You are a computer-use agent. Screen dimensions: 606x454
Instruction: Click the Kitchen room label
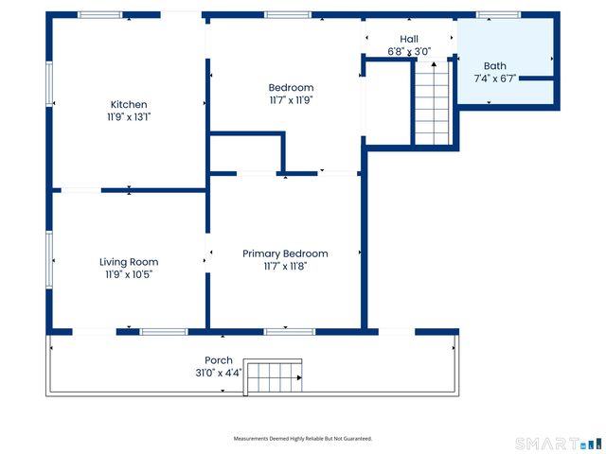coord(129,104)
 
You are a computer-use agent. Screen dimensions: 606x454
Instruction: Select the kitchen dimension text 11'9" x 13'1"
coord(129,117)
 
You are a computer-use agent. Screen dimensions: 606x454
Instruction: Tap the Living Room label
coord(129,262)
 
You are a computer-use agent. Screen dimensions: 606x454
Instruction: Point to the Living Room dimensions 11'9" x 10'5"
coord(129,274)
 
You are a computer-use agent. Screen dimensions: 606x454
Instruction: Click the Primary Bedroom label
coord(285,254)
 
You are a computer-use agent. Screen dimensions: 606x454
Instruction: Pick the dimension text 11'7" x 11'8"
coord(285,267)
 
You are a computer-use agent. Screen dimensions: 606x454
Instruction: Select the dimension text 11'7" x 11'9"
coord(291,100)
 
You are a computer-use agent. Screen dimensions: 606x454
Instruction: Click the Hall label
coord(409,39)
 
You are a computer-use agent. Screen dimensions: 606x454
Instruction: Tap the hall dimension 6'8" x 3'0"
coord(409,51)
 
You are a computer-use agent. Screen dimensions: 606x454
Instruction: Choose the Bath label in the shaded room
coord(494,66)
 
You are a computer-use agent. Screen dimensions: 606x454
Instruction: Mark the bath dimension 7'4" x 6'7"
coord(494,79)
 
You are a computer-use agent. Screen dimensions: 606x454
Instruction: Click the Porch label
coord(219,360)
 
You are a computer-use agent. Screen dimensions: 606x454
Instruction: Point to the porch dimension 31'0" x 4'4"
coord(219,373)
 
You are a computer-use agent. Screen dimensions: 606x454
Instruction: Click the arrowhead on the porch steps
coord(299,377)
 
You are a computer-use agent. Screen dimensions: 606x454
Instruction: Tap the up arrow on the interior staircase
coord(434,64)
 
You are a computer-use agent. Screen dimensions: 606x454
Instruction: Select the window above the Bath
coord(498,15)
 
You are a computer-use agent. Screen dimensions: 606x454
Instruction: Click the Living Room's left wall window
coord(49,260)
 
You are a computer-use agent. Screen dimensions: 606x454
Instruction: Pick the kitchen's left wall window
coord(49,84)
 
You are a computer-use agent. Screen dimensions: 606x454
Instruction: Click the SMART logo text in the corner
coord(547,444)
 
